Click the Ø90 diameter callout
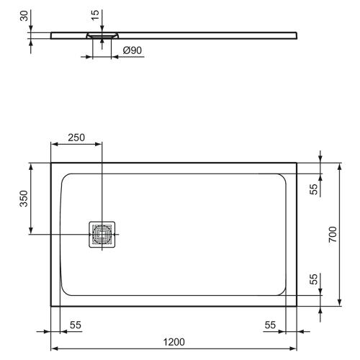click(x=131, y=50)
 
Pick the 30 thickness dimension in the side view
click(x=23, y=17)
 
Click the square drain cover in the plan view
click(x=102, y=235)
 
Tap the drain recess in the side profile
click(x=102, y=35)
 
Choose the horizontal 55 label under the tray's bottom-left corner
click(x=75, y=325)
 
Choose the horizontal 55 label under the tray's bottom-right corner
click(x=270, y=325)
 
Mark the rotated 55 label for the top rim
click(x=313, y=189)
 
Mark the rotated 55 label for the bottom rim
click(x=313, y=279)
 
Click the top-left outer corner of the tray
click(x=50, y=163)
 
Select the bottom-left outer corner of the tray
click(x=50, y=305)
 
